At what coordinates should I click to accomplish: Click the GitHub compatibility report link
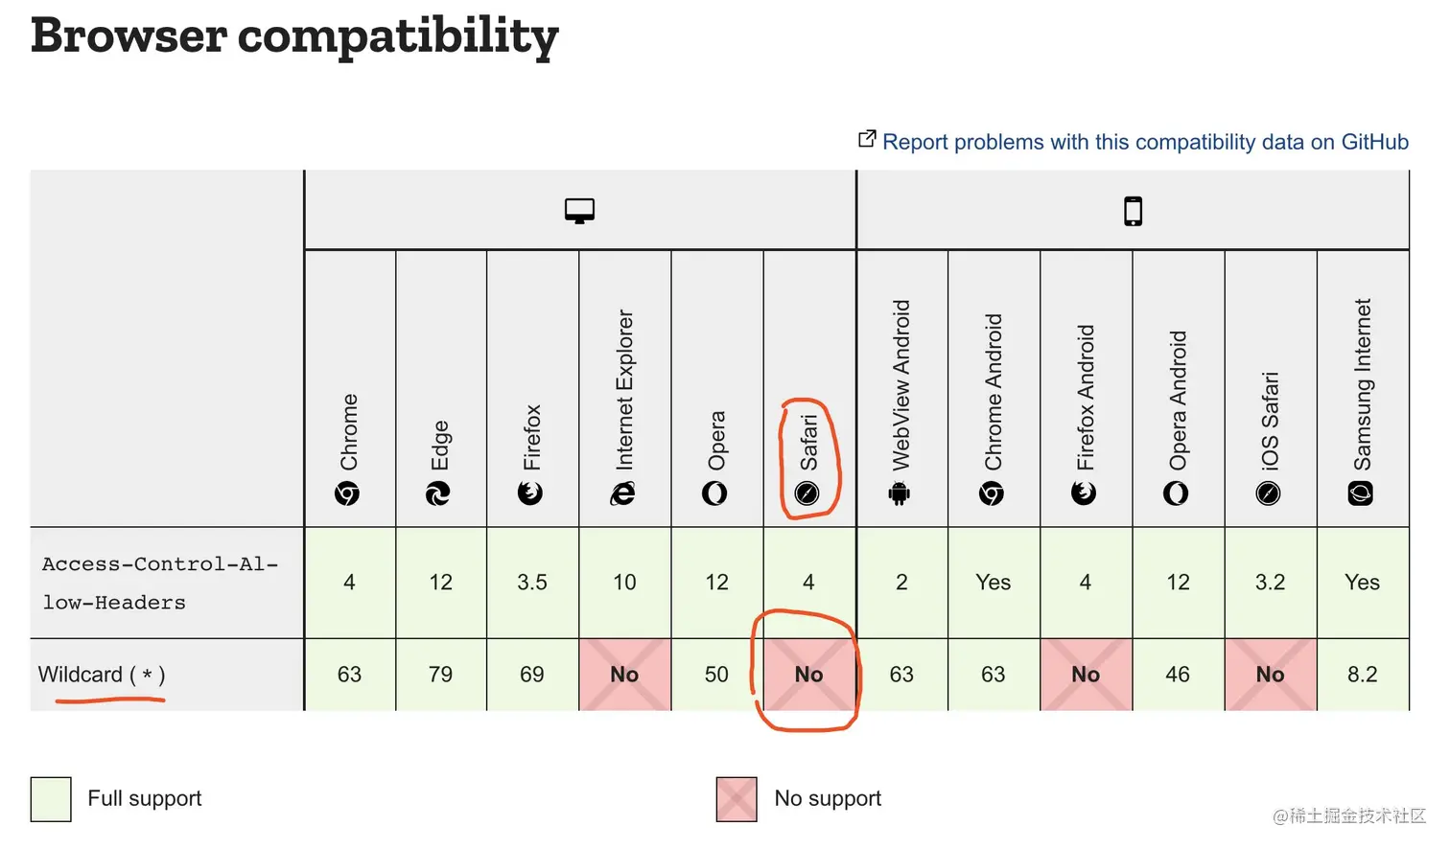(1144, 142)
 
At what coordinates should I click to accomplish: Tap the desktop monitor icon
(579, 211)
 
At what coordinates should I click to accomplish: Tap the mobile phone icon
(1133, 211)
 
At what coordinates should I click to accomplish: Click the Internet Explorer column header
(624, 402)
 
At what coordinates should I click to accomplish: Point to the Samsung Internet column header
(1362, 398)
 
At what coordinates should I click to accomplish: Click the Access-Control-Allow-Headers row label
(159, 583)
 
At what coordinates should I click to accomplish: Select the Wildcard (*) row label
(102, 675)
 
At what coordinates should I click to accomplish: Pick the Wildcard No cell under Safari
(808, 675)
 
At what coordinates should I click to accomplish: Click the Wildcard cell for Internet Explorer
(624, 675)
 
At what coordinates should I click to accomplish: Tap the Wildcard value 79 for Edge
(440, 675)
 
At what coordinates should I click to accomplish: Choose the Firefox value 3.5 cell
(532, 583)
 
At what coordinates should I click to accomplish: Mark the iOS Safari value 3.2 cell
(1270, 583)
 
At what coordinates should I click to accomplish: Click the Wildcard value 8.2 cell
(1362, 675)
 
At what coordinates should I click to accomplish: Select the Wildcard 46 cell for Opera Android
(1178, 675)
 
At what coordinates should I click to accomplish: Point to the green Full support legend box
(51, 799)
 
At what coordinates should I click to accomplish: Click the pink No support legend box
(737, 799)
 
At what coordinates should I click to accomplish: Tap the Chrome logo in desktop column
(347, 493)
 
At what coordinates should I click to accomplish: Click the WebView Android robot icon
(900, 493)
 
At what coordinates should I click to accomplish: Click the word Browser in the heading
(129, 36)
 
